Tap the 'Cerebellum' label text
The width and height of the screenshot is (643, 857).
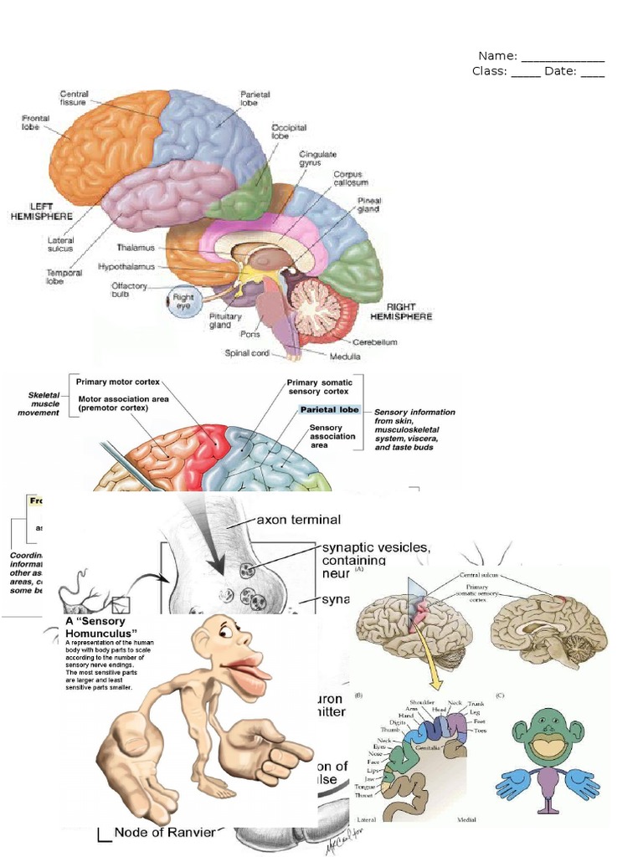click(373, 341)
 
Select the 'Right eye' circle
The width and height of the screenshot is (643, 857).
click(182, 302)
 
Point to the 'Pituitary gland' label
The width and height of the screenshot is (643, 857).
click(225, 321)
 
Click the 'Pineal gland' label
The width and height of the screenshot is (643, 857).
click(369, 206)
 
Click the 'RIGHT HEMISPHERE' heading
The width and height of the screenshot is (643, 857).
click(408, 311)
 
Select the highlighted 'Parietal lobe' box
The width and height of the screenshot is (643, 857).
click(329, 410)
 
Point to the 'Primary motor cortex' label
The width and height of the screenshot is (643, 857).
click(118, 382)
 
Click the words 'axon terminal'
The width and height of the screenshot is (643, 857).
click(299, 519)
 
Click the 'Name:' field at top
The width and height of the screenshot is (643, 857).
click(562, 57)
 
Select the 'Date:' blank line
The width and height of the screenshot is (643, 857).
click(592, 71)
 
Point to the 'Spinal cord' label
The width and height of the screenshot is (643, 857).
click(247, 353)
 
